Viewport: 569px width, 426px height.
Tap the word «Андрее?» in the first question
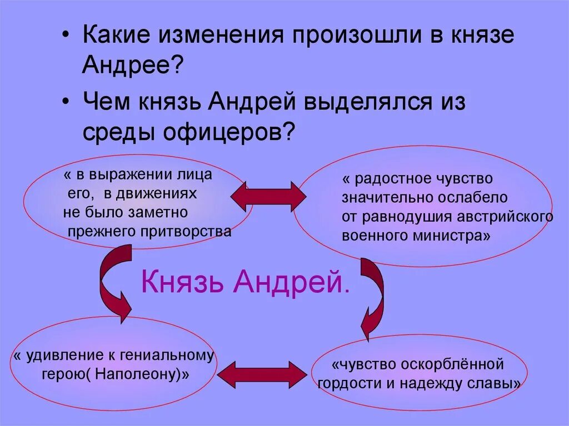coord(133,66)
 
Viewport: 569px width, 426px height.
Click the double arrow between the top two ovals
coord(268,196)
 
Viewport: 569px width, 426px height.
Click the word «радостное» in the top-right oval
coord(395,179)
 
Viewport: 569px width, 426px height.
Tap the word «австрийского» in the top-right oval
coord(510,216)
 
